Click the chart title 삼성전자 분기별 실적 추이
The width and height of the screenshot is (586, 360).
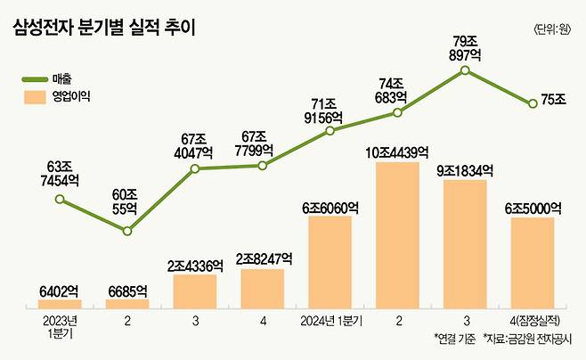tap(104, 29)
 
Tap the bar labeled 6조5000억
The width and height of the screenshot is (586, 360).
tap(532, 263)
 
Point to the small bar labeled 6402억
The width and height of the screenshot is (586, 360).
tap(60, 304)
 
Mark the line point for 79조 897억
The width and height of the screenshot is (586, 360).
tap(465, 70)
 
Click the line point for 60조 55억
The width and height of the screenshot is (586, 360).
tap(127, 231)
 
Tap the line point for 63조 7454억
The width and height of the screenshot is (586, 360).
tap(60, 200)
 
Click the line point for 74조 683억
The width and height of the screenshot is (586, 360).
tap(397, 113)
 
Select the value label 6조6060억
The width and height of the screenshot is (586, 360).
tap(330, 207)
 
